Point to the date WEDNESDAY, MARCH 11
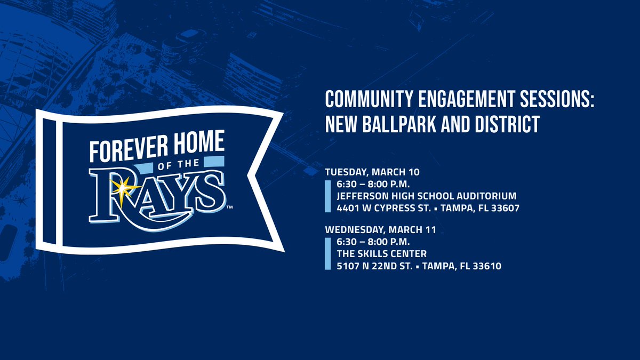381,230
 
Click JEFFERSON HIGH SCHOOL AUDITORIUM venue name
427,196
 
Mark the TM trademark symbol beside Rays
230,206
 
